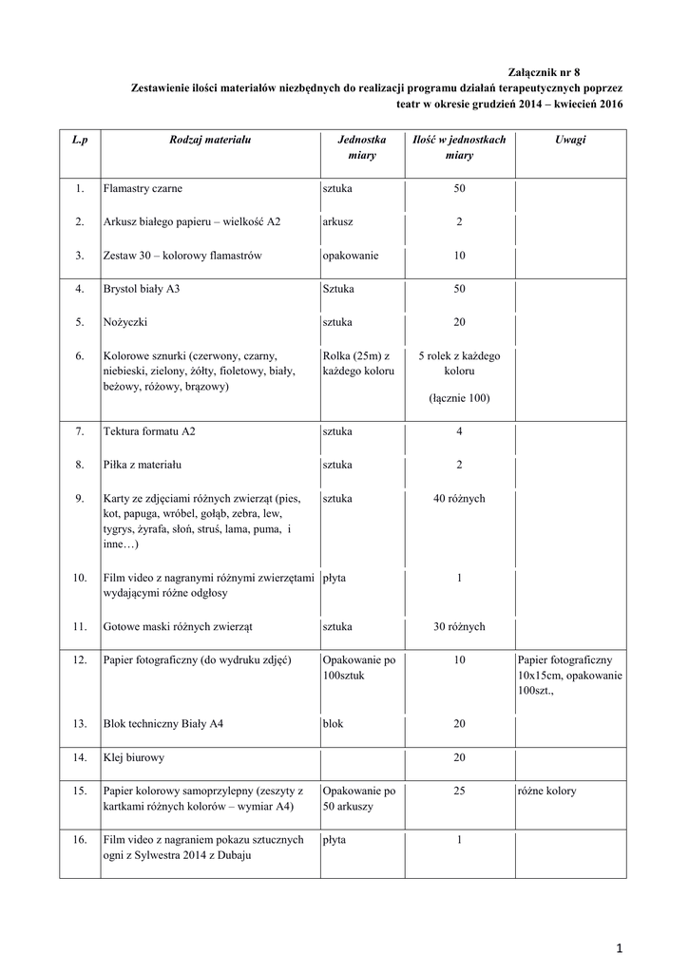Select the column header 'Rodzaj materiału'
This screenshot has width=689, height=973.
click(x=210, y=140)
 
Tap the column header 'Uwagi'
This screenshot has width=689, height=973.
click(x=570, y=140)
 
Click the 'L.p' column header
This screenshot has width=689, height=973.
click(x=80, y=140)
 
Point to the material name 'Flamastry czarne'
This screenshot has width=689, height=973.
click(x=144, y=189)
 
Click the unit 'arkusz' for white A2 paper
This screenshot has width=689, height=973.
click(x=338, y=221)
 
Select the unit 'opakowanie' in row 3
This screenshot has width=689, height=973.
click(x=353, y=256)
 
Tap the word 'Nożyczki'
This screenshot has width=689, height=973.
click(x=125, y=322)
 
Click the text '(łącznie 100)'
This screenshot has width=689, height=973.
click(x=459, y=398)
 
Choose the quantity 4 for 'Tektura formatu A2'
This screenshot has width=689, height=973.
click(x=459, y=431)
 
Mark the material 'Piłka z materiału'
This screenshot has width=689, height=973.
click(x=143, y=465)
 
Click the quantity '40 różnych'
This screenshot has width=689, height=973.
click(x=459, y=498)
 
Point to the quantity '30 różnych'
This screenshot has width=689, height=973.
click(x=459, y=626)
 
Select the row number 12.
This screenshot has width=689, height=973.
click(x=80, y=659)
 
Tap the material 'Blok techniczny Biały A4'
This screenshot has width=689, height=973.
click(x=163, y=724)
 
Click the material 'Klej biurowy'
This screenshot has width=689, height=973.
click(x=132, y=757)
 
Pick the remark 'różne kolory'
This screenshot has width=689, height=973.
click(x=547, y=791)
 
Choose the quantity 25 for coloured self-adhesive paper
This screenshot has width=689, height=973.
click(x=459, y=791)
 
